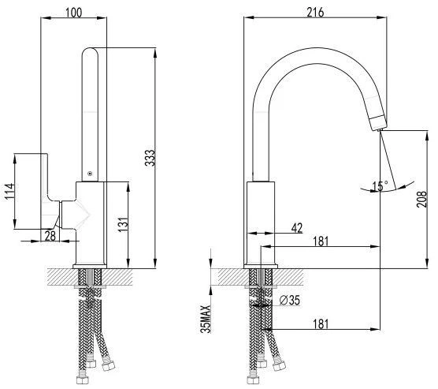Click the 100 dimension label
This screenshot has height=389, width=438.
point(74,13)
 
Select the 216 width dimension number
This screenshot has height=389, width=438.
point(315,13)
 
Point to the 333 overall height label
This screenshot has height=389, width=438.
point(150,158)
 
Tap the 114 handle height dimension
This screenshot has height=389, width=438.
point(9,192)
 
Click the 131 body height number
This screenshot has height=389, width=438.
point(123,224)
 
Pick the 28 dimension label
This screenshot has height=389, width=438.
point(50,236)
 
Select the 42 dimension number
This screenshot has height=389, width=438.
point(297,228)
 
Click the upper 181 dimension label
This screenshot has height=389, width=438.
point(321,241)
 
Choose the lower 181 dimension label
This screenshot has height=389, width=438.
point(321,324)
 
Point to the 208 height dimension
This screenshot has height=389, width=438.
point(421,200)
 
